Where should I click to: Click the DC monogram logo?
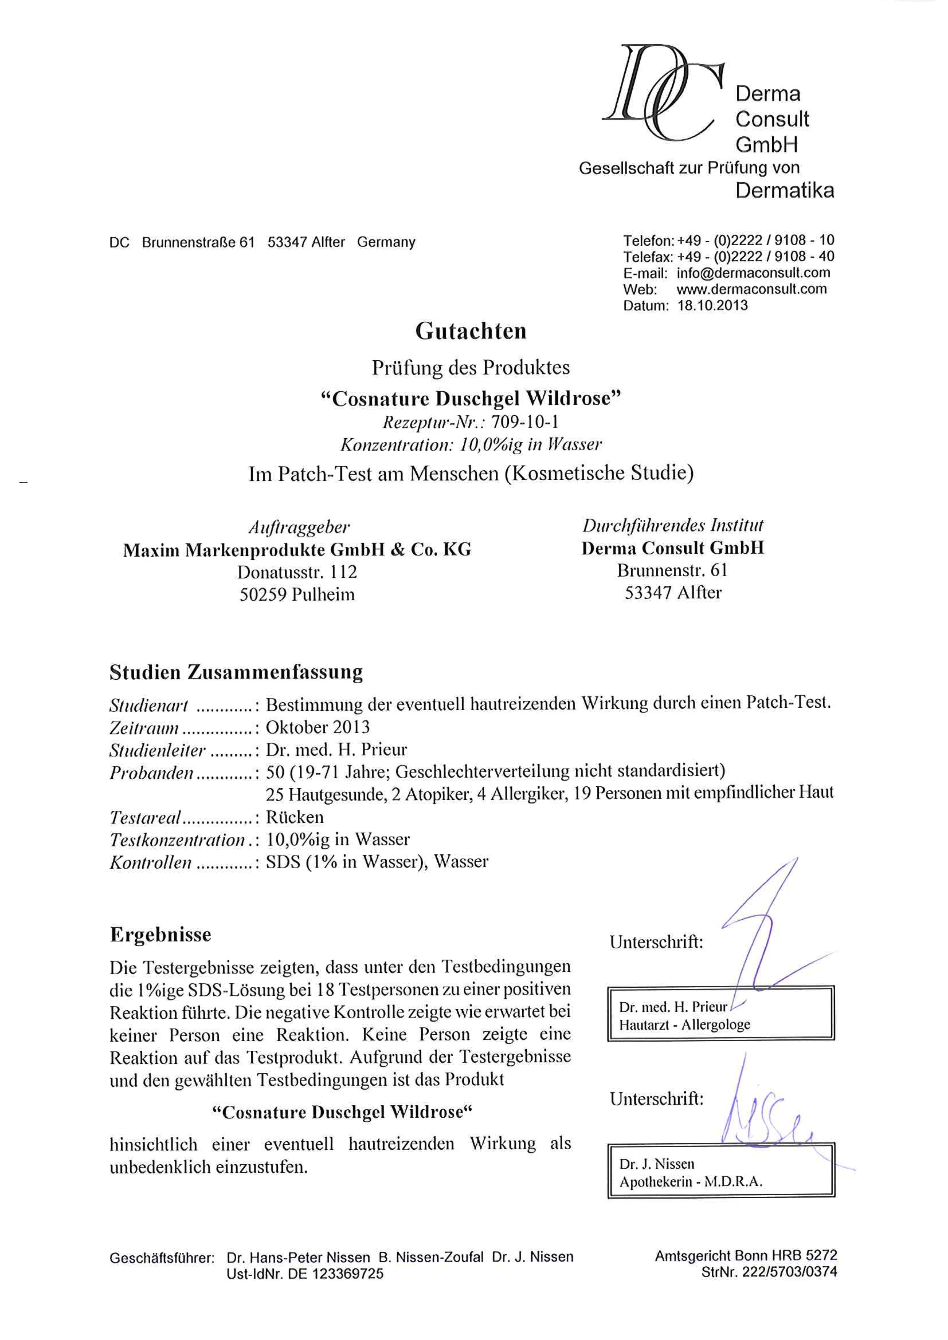click(662, 93)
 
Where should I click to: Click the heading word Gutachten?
click(471, 332)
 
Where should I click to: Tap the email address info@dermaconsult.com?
click(753, 272)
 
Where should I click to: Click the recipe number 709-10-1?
click(525, 421)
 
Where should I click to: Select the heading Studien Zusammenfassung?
click(236, 672)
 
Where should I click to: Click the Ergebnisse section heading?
click(161, 934)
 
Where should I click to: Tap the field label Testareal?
click(145, 818)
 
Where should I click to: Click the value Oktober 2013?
click(318, 727)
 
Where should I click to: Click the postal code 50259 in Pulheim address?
click(263, 595)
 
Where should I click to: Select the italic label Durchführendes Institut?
click(672, 526)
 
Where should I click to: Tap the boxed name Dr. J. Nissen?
click(657, 1164)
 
